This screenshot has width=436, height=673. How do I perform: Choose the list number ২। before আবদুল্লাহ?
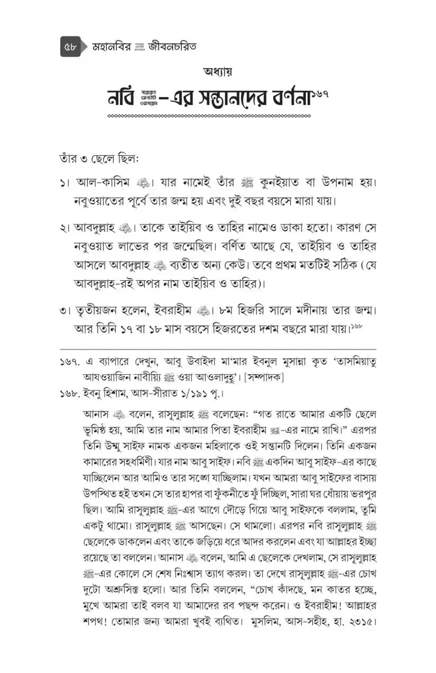64,228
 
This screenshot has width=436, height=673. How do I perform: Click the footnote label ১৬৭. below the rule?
70,363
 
